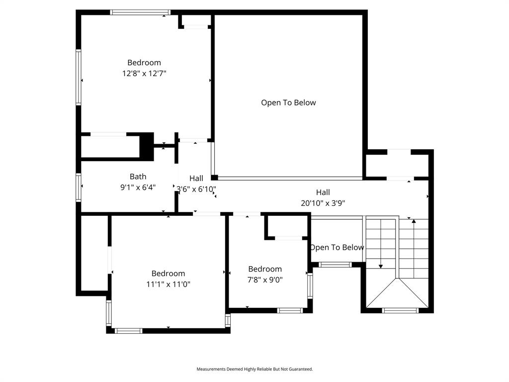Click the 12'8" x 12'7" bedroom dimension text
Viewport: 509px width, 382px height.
144,73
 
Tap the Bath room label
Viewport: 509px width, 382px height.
138,177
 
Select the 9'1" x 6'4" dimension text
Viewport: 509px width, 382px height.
138,188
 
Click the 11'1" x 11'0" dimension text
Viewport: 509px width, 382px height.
169,285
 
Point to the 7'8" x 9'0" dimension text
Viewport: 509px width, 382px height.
265,280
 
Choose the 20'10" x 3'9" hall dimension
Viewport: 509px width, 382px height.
323,203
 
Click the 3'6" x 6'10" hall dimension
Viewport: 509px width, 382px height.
196,189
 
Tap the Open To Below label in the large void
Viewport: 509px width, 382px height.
288,102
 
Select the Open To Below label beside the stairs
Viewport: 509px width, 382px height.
337,247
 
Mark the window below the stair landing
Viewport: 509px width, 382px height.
400,310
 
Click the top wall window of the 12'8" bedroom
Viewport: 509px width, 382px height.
140,12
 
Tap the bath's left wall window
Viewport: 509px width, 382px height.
79,187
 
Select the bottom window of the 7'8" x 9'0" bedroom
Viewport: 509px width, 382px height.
290,310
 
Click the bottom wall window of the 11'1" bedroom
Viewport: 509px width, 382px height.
129,330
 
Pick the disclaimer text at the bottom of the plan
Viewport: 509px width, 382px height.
254,369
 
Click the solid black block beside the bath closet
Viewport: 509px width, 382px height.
147,146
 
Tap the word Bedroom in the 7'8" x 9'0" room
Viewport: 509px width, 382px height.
265,269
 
